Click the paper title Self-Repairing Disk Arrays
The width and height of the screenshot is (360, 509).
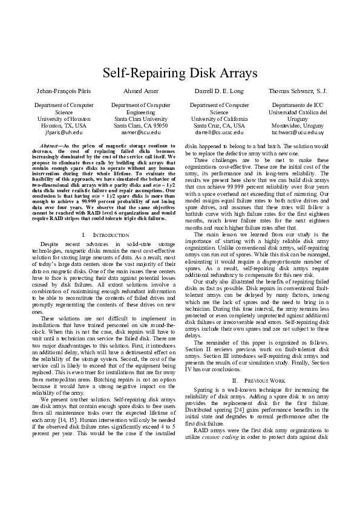180,73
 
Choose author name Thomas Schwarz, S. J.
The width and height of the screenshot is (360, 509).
298,91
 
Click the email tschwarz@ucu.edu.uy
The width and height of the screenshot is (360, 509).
298,131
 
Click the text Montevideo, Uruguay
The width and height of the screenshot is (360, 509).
298,125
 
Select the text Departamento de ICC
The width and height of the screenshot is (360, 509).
298,105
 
